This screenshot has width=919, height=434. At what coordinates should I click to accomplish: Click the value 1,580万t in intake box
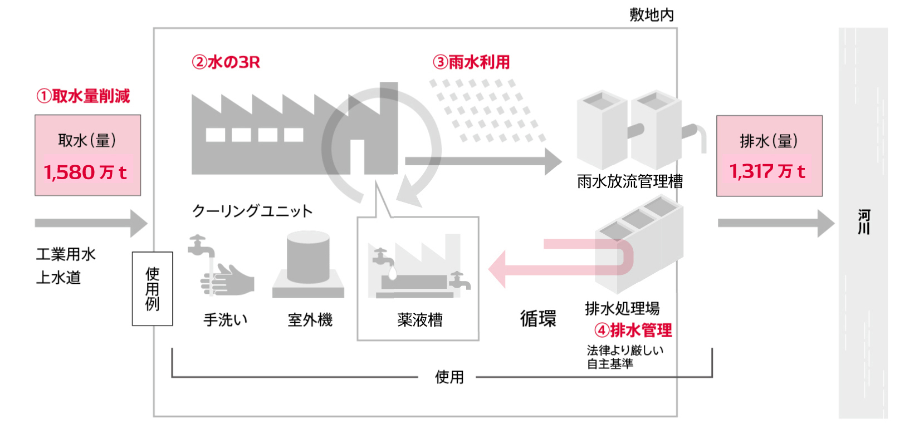pyautogui.click(x=85, y=172)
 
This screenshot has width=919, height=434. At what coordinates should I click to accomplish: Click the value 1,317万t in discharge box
pyautogui.click(x=768, y=171)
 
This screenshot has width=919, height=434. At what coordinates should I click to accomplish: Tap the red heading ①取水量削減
pyautogui.click(x=83, y=96)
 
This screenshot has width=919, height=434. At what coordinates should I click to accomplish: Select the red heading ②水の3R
pyautogui.click(x=226, y=62)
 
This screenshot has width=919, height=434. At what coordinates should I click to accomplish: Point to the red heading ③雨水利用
pyautogui.click(x=471, y=62)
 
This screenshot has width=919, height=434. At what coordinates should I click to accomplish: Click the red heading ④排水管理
pyautogui.click(x=633, y=331)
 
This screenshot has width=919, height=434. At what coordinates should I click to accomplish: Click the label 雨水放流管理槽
pyautogui.click(x=629, y=181)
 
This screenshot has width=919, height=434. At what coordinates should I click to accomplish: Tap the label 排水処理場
pyautogui.click(x=622, y=308)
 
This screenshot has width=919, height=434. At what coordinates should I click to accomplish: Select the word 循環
pyautogui.click(x=538, y=319)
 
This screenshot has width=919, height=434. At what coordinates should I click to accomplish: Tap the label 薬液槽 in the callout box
pyautogui.click(x=420, y=320)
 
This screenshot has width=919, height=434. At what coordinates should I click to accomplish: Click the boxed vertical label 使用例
pyautogui.click(x=152, y=289)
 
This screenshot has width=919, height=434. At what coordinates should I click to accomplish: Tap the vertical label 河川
pyautogui.click(x=863, y=222)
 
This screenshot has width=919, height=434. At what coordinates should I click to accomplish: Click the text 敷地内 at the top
pyautogui.click(x=651, y=15)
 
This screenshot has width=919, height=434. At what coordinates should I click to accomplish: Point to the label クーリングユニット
pyautogui.click(x=252, y=211)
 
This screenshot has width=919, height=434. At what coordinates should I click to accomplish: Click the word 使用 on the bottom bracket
pyautogui.click(x=449, y=377)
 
